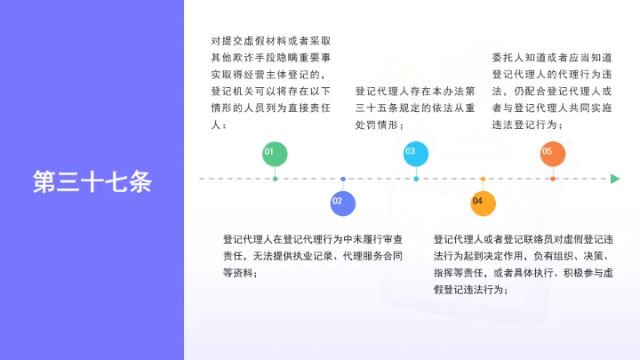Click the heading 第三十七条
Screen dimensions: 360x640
92,180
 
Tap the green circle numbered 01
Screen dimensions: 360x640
275,154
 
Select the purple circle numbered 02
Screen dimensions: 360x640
343,203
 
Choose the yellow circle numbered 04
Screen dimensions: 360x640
483,203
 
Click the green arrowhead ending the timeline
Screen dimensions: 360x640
615,179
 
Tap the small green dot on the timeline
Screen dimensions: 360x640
275,179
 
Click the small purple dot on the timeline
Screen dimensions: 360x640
343,179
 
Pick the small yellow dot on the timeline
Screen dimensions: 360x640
483,179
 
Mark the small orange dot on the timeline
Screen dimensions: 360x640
553,179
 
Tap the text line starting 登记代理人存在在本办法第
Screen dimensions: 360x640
415,91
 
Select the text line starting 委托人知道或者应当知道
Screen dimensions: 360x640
552,58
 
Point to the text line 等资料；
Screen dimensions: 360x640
241,273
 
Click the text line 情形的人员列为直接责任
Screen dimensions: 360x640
269,108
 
